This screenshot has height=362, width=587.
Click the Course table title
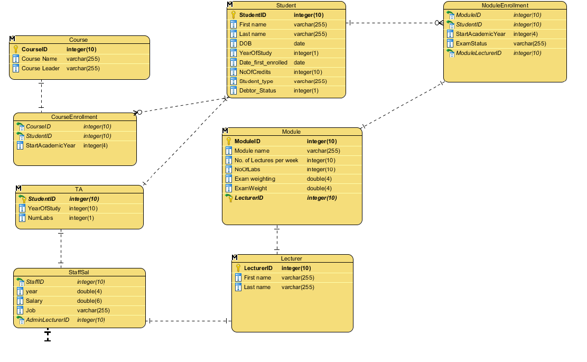click(x=78, y=40)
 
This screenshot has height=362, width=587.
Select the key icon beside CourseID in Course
click(x=16, y=49)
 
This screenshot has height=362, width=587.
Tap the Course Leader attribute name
click(x=41, y=68)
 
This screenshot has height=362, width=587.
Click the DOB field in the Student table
click(x=245, y=43)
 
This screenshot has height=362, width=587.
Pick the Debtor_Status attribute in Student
click(x=257, y=90)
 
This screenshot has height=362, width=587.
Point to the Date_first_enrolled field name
click(x=263, y=62)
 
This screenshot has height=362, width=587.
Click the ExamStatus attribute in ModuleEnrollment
click(x=471, y=43)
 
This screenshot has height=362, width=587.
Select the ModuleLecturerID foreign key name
click(x=479, y=53)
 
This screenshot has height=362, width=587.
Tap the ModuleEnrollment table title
click(x=505, y=5)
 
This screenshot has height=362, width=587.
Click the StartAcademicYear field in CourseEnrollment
click(x=51, y=145)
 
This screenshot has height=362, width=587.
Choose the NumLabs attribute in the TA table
click(x=41, y=218)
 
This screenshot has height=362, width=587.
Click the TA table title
click(x=79, y=189)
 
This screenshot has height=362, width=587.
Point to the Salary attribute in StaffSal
click(x=34, y=301)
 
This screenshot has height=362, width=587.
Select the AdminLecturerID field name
click(x=48, y=320)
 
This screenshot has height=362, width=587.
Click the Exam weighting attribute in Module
click(x=255, y=179)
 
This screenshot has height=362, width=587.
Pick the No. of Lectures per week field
click(x=266, y=160)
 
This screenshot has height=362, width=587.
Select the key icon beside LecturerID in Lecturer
click(x=238, y=268)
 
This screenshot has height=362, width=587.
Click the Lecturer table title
click(x=291, y=258)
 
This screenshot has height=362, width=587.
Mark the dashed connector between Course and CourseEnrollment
click(x=41, y=96)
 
